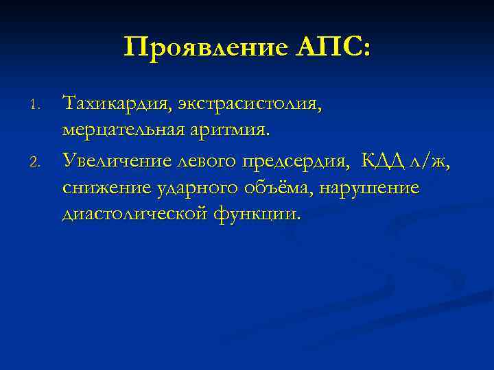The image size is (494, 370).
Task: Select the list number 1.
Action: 38,106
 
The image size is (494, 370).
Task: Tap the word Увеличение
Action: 111,160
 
